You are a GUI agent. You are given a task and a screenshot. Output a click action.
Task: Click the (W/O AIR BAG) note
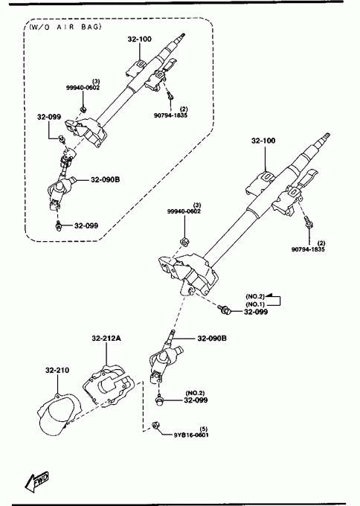click(x=65, y=27)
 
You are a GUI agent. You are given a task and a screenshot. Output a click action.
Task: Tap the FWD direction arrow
click(x=36, y=482)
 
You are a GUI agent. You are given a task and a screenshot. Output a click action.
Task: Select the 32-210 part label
click(x=57, y=370)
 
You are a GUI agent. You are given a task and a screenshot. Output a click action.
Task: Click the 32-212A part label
click(x=106, y=338)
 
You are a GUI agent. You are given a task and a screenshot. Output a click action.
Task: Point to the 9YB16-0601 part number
click(x=191, y=435)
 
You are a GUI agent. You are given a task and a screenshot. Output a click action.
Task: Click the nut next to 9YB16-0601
click(x=155, y=426)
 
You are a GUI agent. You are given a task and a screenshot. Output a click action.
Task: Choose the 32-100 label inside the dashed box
click(x=139, y=39)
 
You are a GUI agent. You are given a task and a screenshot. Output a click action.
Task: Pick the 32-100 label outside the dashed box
click(x=263, y=141)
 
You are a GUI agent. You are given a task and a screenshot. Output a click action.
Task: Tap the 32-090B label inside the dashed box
click(x=105, y=179)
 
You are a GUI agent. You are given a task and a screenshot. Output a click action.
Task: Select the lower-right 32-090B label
click(x=212, y=338)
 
